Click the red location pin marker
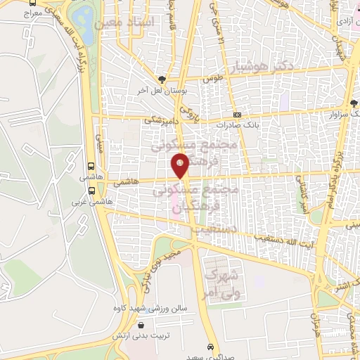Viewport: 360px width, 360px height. coord(181,165)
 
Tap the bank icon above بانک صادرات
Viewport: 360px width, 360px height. coord(236,115)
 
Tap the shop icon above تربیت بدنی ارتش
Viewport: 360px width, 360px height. coord(141,326)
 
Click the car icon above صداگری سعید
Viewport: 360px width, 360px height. coord(210,347)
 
